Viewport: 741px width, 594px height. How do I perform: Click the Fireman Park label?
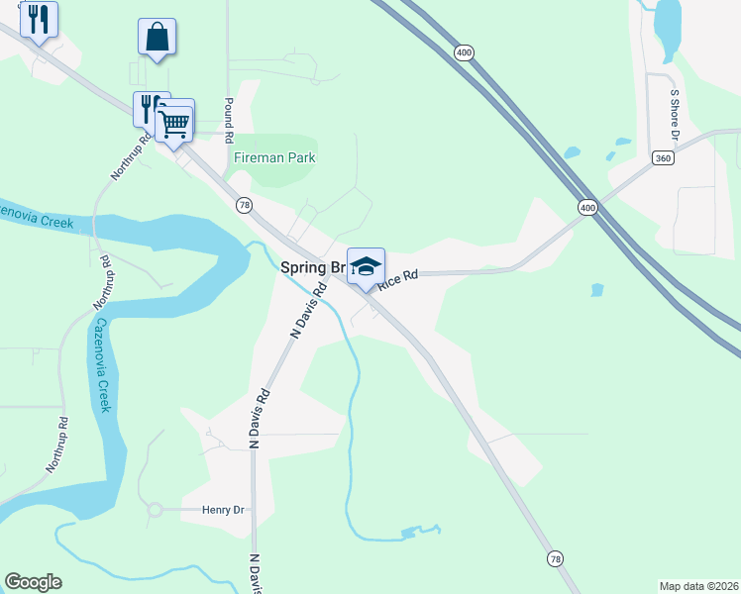pyautogui.click(x=272, y=157)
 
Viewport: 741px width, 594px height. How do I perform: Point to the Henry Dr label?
pyautogui.click(x=223, y=510)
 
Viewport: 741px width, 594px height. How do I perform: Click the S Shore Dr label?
pyautogui.click(x=675, y=114)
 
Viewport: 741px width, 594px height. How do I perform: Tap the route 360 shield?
pyautogui.click(x=663, y=157)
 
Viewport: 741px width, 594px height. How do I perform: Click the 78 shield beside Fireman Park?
pyautogui.click(x=244, y=204)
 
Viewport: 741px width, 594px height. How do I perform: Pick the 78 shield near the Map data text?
pyautogui.click(x=555, y=559)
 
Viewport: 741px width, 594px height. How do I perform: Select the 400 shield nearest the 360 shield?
pyautogui.click(x=588, y=207)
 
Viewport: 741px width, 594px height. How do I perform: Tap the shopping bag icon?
pyautogui.click(x=157, y=37)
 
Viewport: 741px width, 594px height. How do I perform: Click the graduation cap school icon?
pyautogui.click(x=366, y=266)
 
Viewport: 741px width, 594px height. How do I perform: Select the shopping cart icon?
pyautogui.click(x=174, y=124)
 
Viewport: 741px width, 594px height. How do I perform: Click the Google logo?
pyautogui.click(x=33, y=582)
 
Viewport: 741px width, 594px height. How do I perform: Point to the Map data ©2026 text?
pyautogui.click(x=698, y=586)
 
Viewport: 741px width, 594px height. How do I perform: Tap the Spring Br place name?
pyautogui.click(x=311, y=267)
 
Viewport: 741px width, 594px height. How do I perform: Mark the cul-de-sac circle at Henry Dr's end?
pyautogui.click(x=155, y=510)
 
